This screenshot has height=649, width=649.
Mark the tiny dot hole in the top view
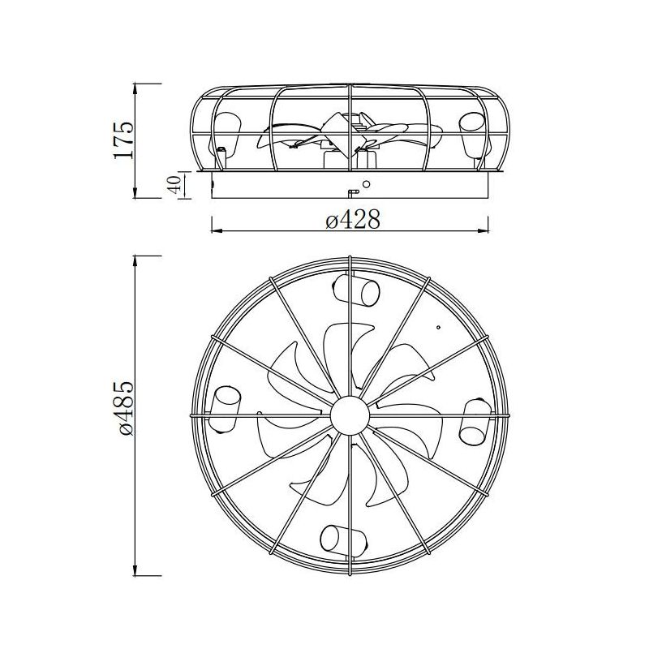(x=438, y=328)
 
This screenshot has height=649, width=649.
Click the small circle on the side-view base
(x=366, y=184)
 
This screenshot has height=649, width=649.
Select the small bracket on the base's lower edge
(x=352, y=193)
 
